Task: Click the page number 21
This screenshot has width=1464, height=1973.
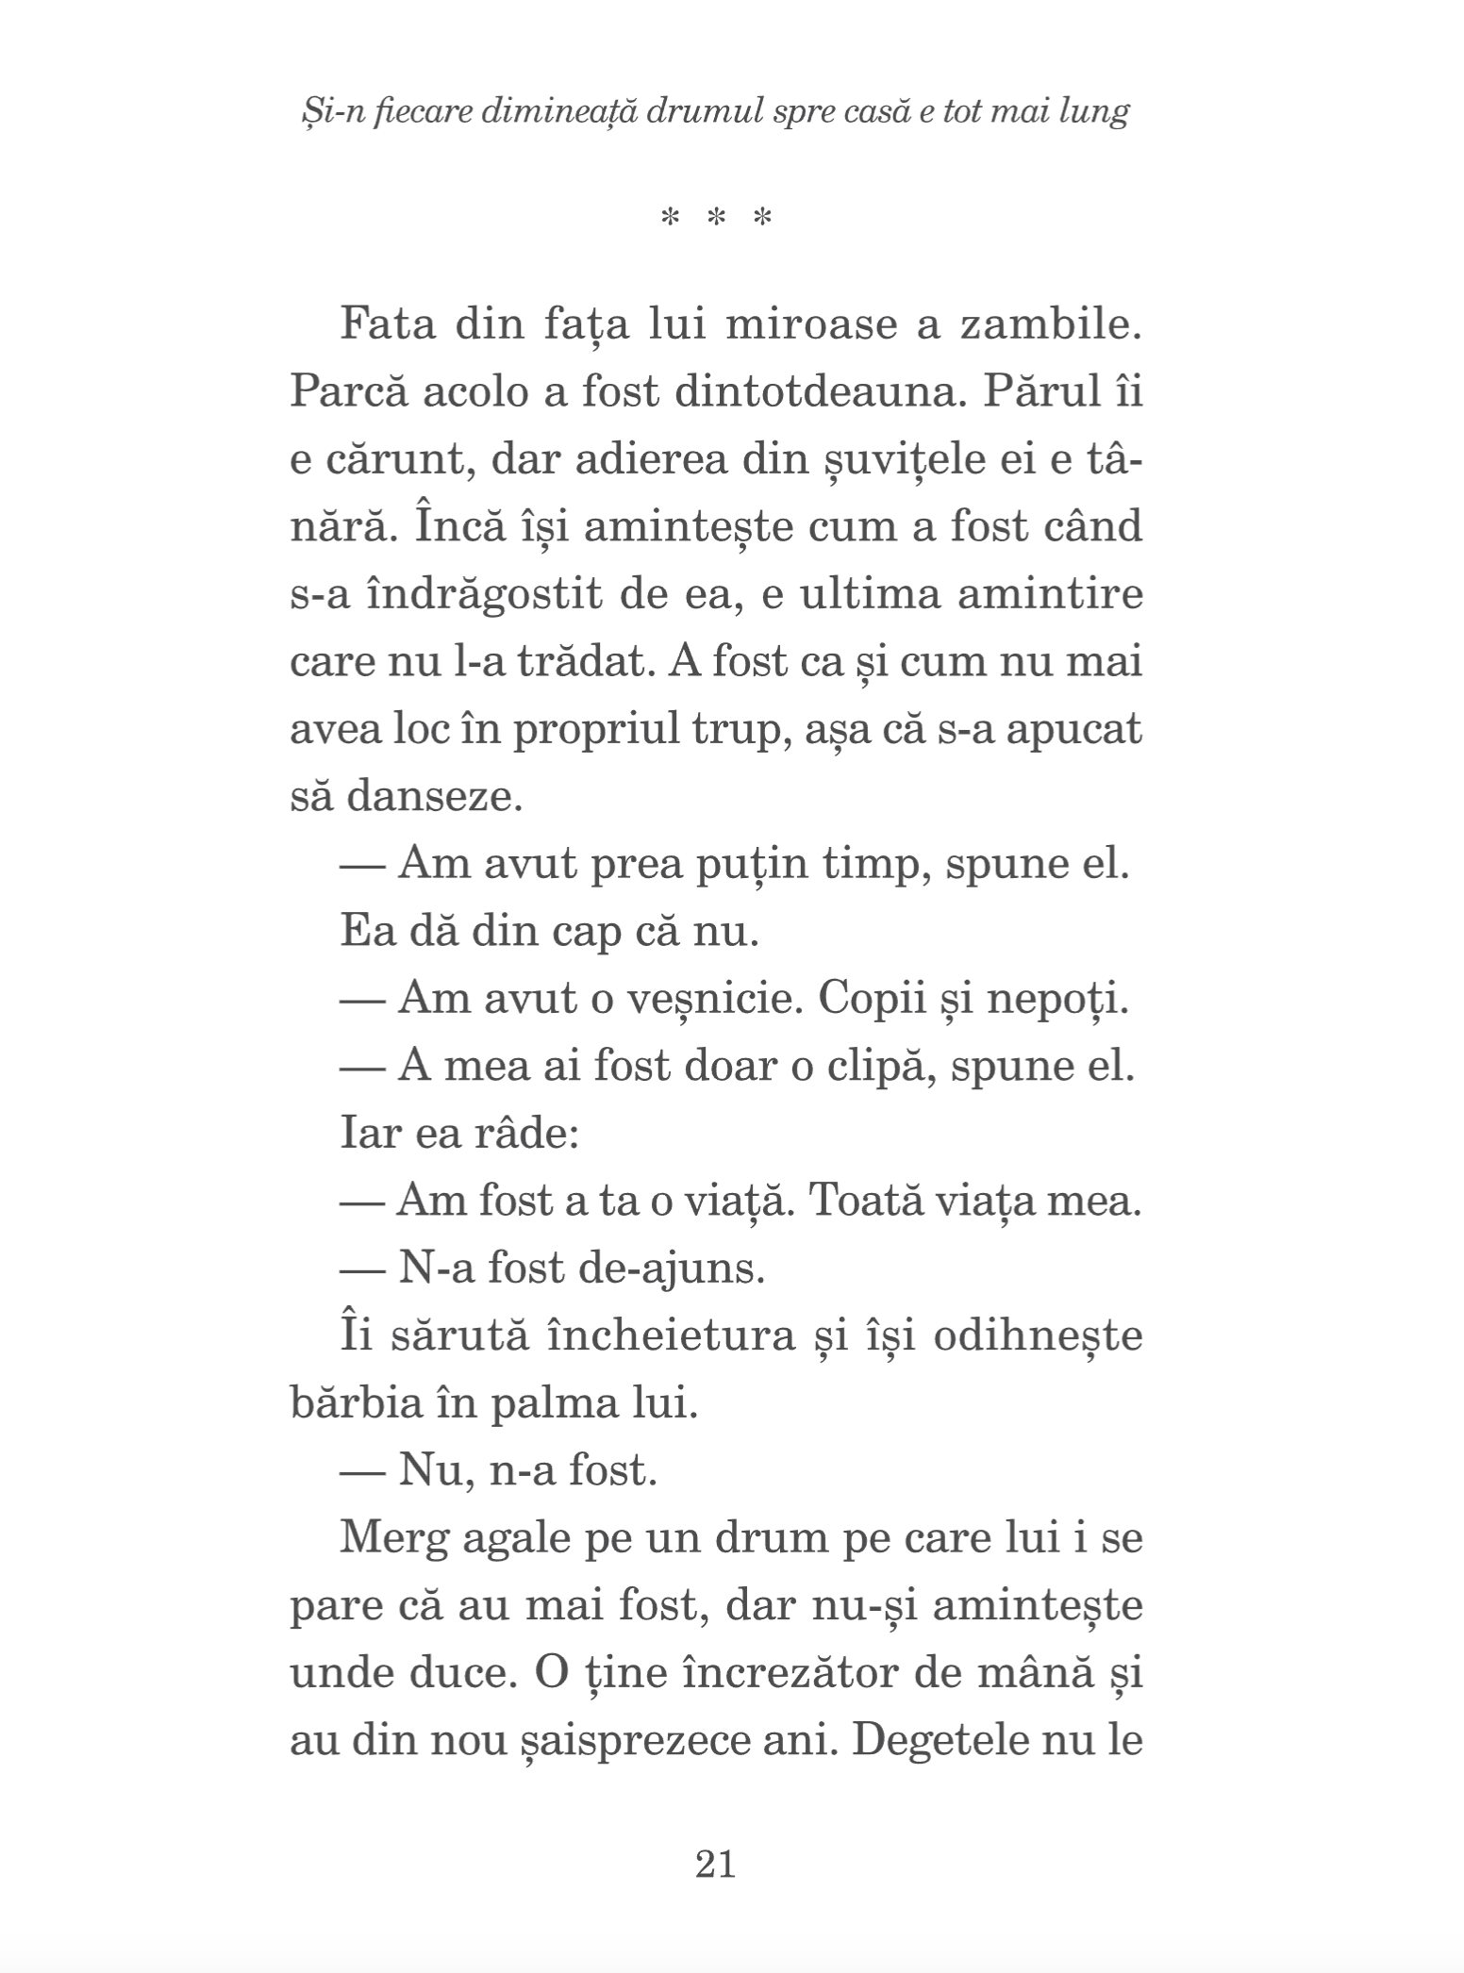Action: pyautogui.click(x=715, y=1864)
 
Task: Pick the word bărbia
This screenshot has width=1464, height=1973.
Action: pyautogui.click(x=354, y=1403)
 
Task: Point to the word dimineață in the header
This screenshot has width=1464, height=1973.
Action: pyautogui.click(x=547, y=113)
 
